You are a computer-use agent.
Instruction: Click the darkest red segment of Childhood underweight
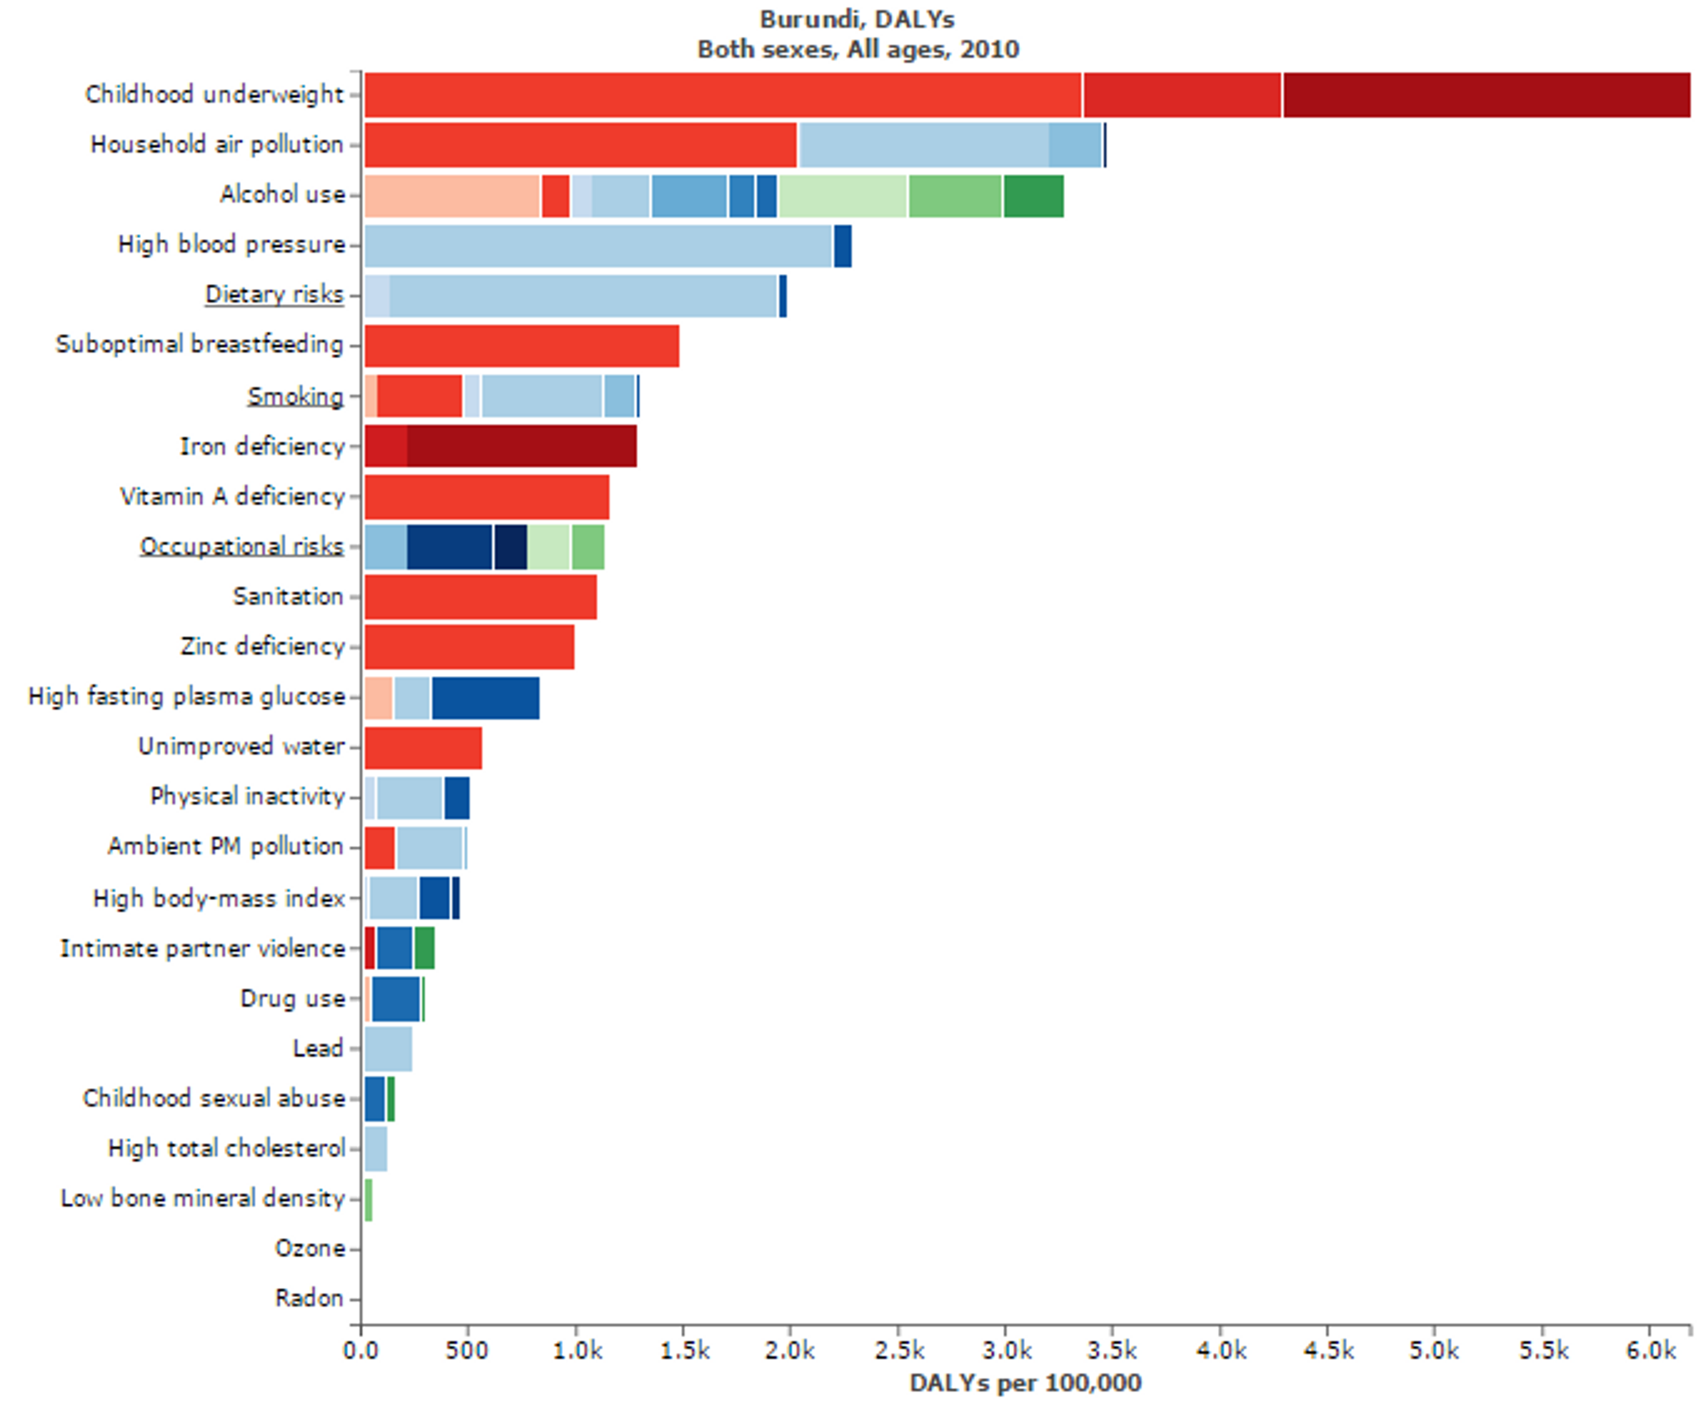(1486, 95)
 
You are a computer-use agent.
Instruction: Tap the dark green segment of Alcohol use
(1033, 195)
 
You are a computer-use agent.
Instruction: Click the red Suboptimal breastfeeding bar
(522, 346)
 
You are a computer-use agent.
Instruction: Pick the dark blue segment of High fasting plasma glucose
(485, 697)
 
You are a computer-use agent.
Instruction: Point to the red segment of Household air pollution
(580, 145)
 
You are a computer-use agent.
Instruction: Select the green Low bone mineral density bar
(369, 1199)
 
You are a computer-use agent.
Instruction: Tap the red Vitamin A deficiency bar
(487, 496)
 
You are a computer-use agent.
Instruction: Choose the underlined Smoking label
(295, 396)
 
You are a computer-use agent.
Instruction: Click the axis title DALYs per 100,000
(1025, 1382)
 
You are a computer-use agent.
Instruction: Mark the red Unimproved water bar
(423, 747)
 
